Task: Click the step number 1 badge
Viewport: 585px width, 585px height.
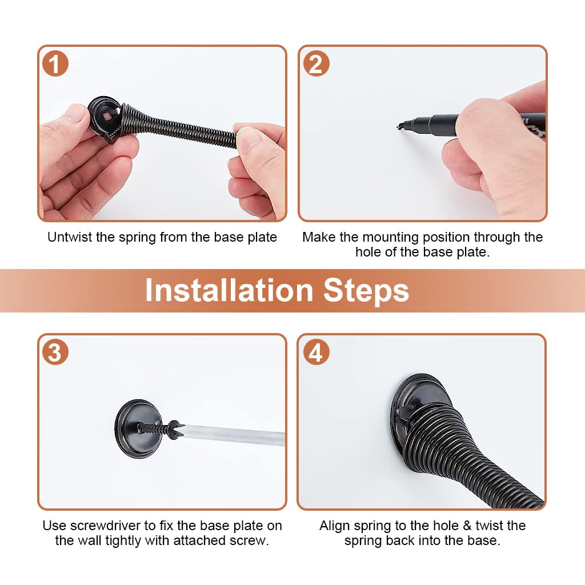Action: click(x=55, y=63)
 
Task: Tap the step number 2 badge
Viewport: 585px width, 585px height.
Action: click(x=316, y=63)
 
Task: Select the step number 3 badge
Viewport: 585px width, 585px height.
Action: click(x=55, y=352)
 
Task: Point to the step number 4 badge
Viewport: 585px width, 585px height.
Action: click(x=316, y=352)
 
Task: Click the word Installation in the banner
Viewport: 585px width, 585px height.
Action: click(x=229, y=290)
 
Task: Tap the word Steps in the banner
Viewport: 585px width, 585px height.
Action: click(x=366, y=291)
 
